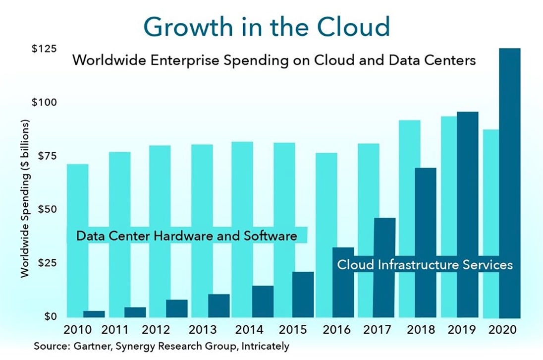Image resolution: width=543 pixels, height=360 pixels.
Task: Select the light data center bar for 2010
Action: tap(78, 198)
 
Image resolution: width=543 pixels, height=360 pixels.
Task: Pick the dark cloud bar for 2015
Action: tap(303, 295)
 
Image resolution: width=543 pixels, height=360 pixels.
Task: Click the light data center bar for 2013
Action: tap(202, 198)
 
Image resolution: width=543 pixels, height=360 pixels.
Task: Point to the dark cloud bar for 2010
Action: tap(94, 314)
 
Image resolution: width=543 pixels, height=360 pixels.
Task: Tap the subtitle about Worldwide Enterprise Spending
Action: tap(274, 60)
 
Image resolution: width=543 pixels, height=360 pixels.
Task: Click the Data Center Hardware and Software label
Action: tap(187, 236)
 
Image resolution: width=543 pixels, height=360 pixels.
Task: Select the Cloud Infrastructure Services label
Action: tap(425, 264)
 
